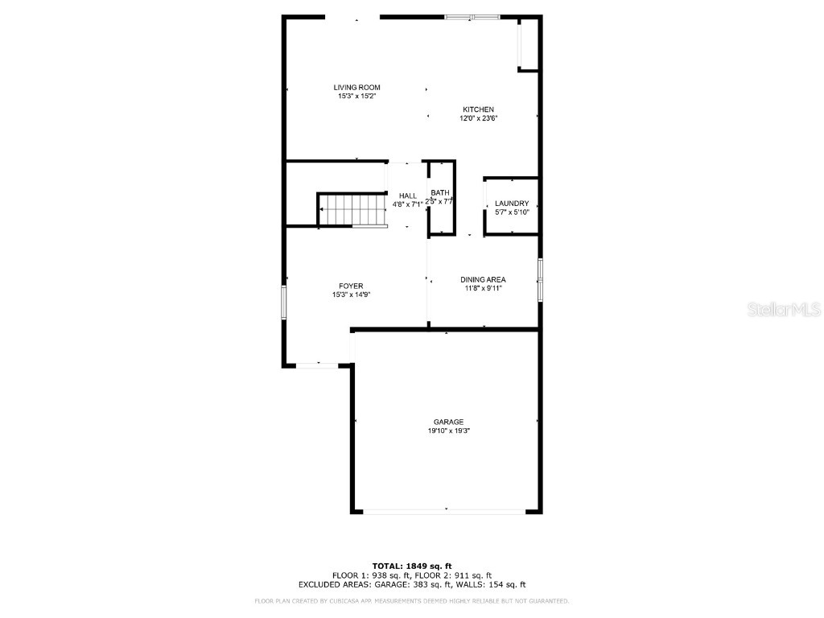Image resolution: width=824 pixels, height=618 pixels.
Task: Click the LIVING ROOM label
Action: coord(357,87)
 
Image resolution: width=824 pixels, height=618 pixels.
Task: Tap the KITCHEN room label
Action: coord(478,109)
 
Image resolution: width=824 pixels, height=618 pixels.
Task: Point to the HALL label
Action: coord(408,196)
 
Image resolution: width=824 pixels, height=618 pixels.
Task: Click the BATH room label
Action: coord(440,192)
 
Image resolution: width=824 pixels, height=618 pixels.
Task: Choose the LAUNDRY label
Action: coord(512,204)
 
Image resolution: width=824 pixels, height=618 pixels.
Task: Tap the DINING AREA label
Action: coord(483,279)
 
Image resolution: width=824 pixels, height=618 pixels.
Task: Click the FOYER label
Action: coord(351,286)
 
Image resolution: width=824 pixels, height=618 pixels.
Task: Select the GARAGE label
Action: coord(448,422)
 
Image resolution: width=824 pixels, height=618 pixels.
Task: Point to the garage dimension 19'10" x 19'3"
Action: coord(448,431)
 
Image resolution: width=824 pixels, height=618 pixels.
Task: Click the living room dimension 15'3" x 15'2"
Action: coord(357,96)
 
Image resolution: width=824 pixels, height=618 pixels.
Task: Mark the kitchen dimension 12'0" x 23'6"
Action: coord(478,118)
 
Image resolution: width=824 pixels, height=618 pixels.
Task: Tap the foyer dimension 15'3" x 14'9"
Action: coord(351,295)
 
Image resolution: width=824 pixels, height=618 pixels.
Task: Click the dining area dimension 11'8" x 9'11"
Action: coord(483,288)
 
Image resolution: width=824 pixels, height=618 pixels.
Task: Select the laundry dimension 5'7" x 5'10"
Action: coord(512,212)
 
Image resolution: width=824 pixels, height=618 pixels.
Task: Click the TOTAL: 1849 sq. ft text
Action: coord(411,566)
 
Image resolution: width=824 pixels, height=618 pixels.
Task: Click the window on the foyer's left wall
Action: coord(283,302)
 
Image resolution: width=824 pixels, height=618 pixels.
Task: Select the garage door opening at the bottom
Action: coord(446,511)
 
